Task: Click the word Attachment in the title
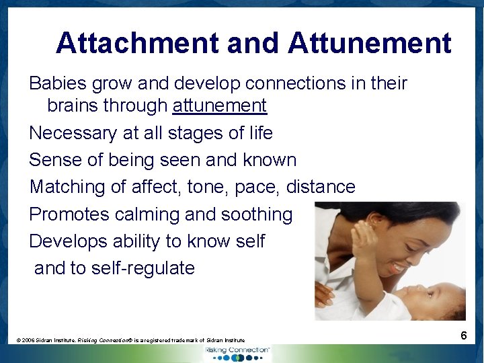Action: (138, 43)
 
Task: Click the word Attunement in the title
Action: (370, 43)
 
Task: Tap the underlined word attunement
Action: (220, 106)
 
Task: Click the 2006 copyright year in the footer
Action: (29, 341)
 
